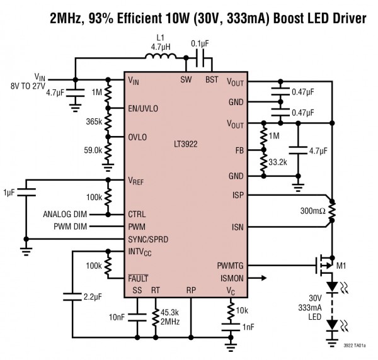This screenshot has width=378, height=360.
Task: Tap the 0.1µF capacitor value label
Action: click(200, 43)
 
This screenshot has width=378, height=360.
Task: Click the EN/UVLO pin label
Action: click(143, 108)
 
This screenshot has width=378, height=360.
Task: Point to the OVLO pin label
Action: click(139, 137)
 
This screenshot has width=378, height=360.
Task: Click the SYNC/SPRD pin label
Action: click(149, 240)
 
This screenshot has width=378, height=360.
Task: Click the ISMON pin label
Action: click(232, 277)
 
